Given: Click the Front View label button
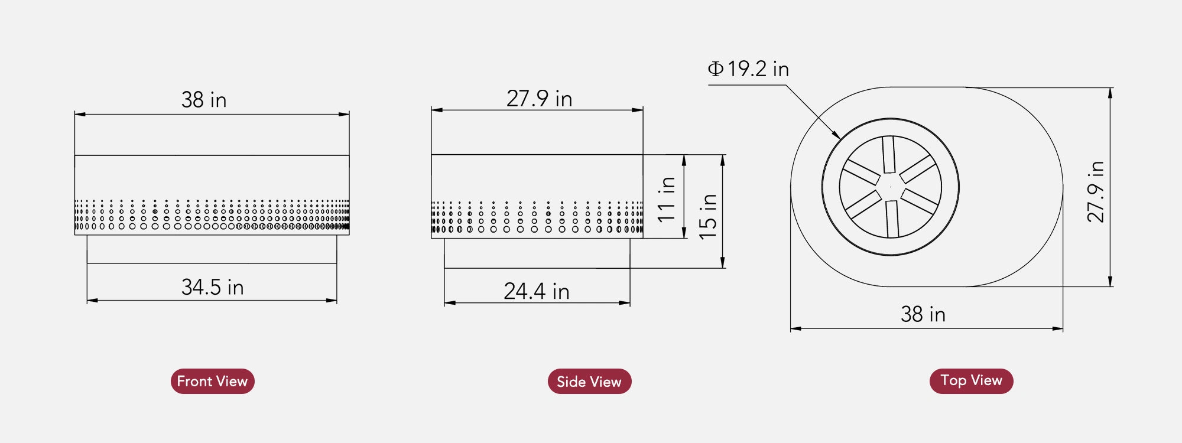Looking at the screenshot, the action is coord(212,381).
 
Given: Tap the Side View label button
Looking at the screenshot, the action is coord(589,382).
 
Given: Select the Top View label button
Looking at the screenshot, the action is coord(971,380).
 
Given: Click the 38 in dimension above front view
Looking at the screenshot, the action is coord(204,100).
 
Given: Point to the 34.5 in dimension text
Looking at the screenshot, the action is coord(212,287).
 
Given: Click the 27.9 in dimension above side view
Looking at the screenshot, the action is coord(539,99).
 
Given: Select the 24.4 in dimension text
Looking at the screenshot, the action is coord(536,291).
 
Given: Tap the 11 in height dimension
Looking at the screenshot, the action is coord(666,199).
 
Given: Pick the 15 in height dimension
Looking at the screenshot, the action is coord(707,216).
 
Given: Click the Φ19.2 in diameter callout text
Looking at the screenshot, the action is coord(748,69).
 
